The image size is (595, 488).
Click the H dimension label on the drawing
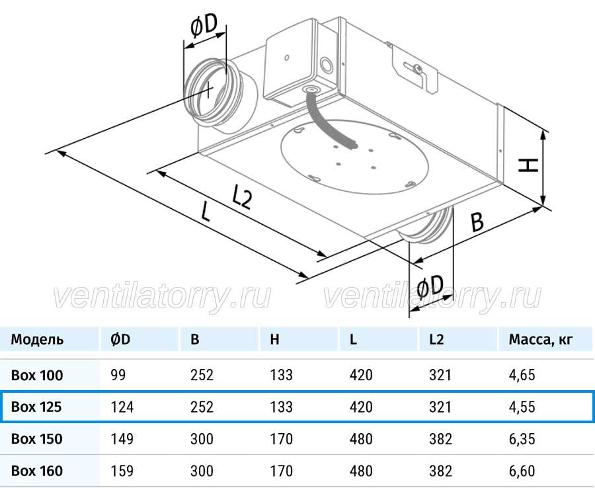[528, 166]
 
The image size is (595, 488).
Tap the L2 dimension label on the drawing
[241, 196]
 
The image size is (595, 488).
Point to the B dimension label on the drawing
[477, 222]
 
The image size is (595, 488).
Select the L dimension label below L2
[205, 212]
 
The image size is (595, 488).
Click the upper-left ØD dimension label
[204, 26]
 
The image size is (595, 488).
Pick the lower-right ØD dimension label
[430, 286]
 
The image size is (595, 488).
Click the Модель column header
[37, 339]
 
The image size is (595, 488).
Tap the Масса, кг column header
[541, 339]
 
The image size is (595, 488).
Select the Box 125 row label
[36, 407]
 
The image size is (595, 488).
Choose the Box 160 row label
[37, 471]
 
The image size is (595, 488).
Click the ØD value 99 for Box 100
[118, 375]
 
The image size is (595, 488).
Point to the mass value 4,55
[522, 407]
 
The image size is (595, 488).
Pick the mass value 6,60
[522, 471]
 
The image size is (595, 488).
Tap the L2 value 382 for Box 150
[440, 439]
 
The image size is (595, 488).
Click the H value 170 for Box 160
[281, 471]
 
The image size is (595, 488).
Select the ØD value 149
[122, 439]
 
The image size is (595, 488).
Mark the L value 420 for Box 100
[361, 375]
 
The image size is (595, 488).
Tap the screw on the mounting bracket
[418, 68]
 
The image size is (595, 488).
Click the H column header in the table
[275, 339]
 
